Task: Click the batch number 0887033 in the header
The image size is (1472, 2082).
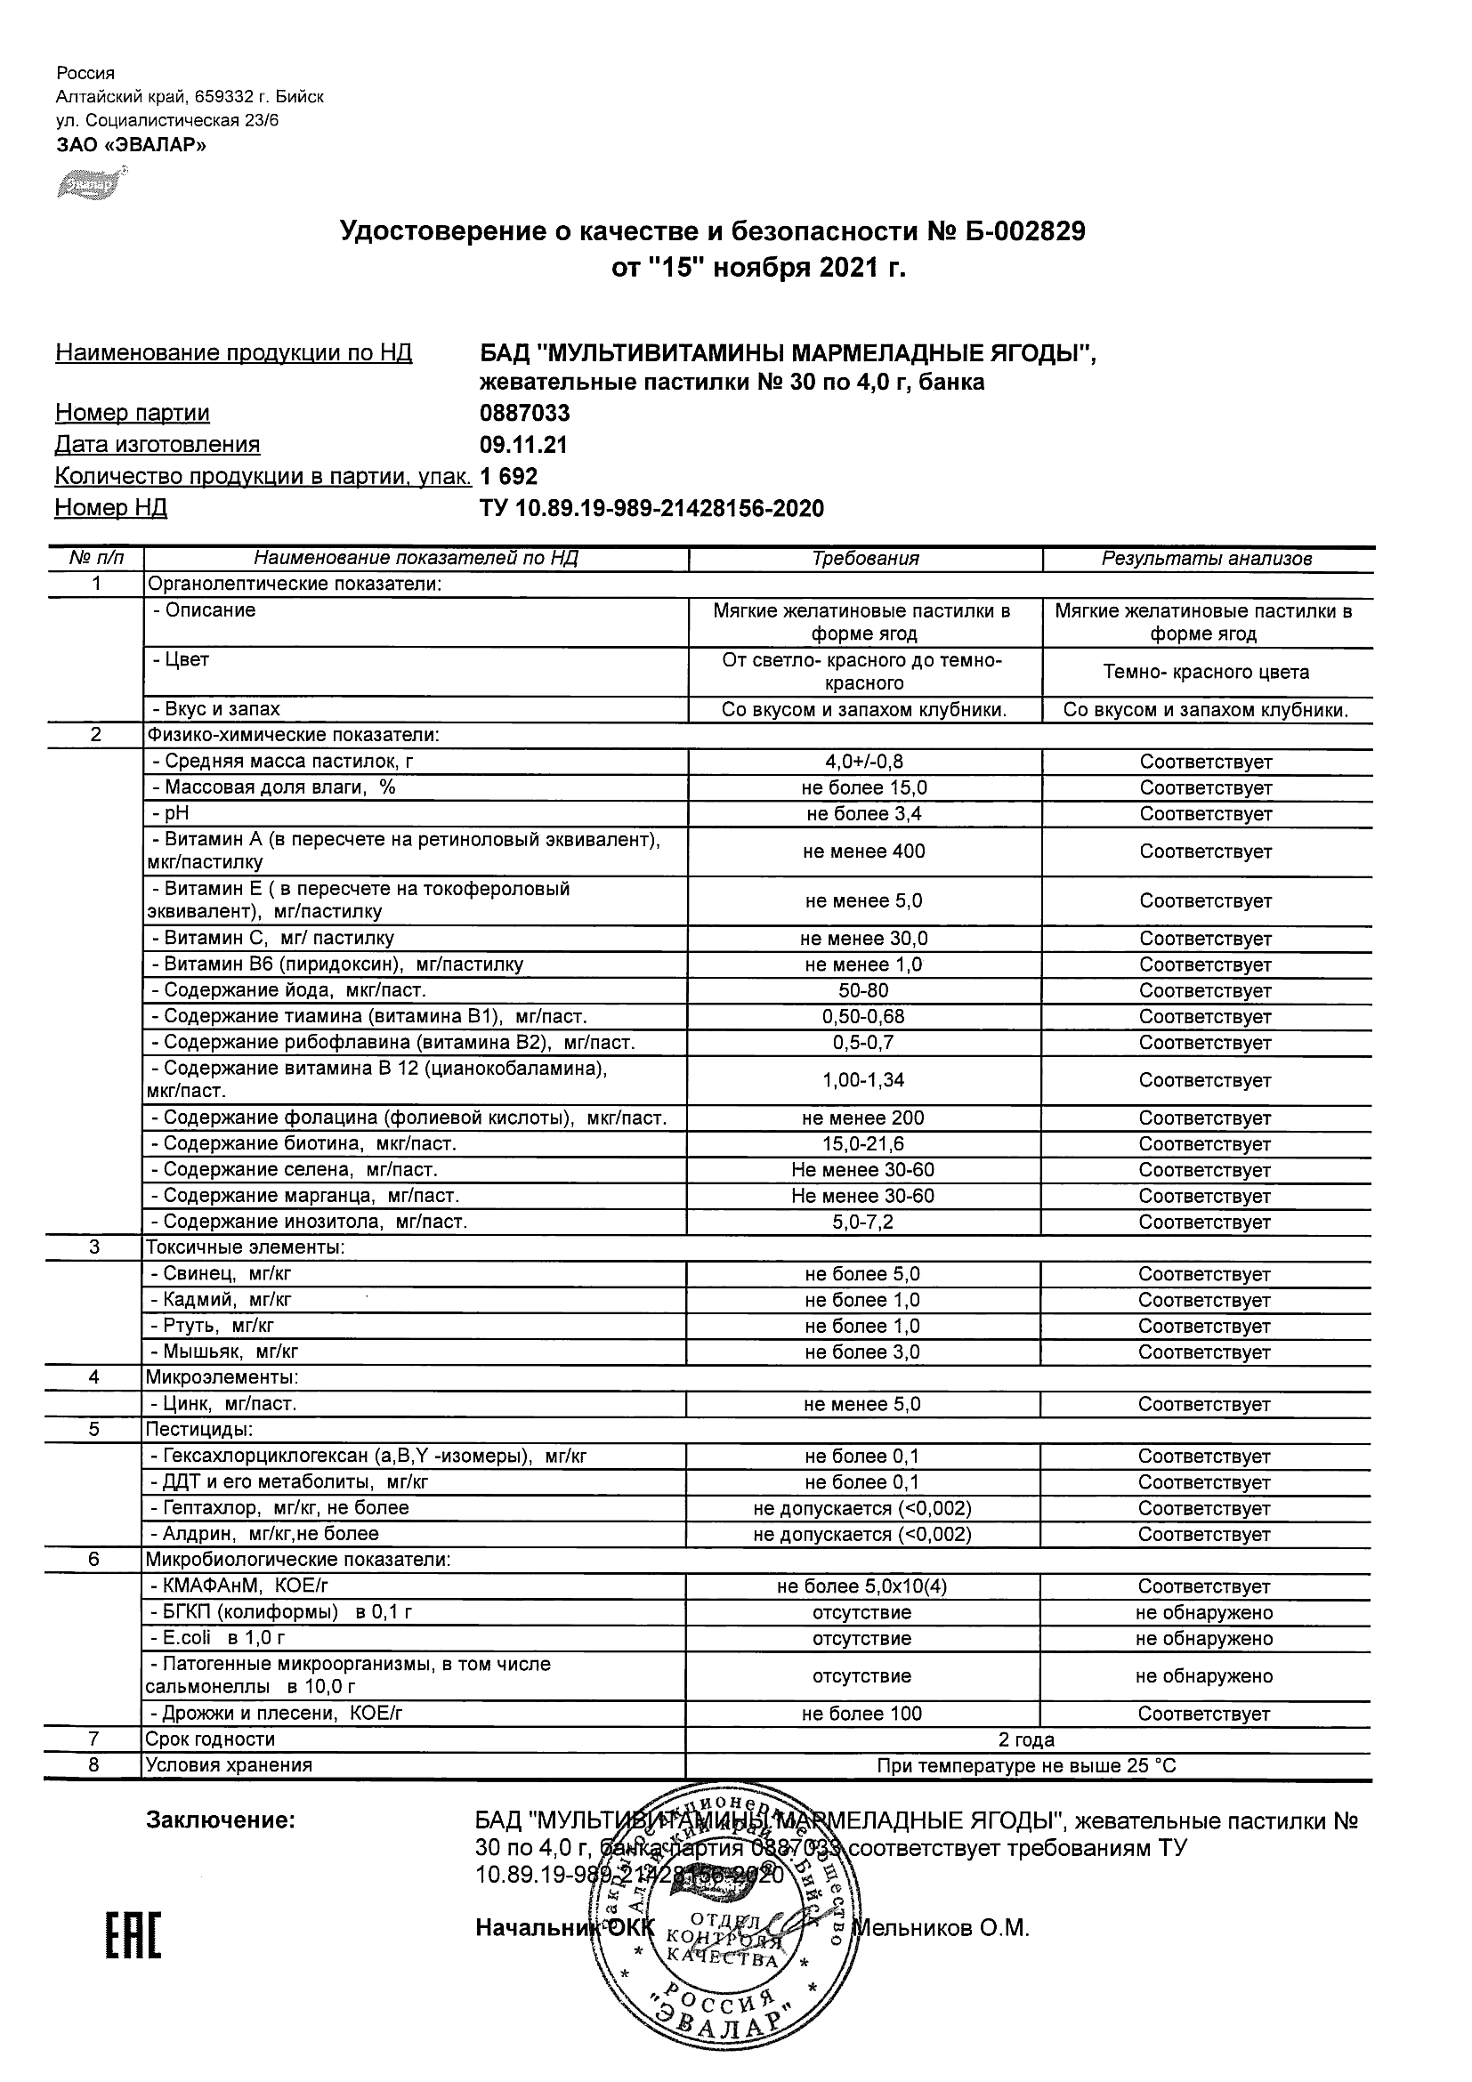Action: pos(524,414)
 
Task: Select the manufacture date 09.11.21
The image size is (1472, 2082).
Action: pos(523,445)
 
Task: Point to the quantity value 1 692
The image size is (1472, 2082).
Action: pos(509,477)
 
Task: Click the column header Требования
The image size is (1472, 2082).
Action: pos(865,559)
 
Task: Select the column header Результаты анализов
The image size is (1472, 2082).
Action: pos(1206,559)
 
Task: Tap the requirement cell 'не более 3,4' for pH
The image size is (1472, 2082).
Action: pos(863,814)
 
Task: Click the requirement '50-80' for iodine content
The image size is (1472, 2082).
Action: pos(863,991)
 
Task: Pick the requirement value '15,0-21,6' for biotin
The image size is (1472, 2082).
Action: pos(863,1144)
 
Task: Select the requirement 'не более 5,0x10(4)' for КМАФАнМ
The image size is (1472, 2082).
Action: pos(862,1587)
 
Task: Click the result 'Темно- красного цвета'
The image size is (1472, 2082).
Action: pos(1206,673)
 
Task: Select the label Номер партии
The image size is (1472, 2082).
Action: pos(133,414)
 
